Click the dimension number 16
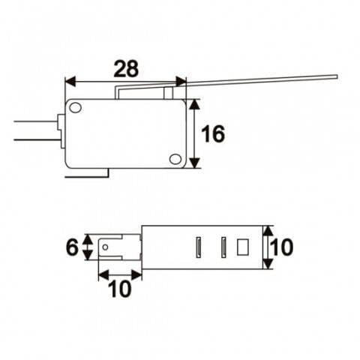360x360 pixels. [214, 134]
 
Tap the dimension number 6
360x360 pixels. [72, 247]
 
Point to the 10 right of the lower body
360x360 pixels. [280, 247]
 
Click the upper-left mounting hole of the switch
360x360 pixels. [76, 109]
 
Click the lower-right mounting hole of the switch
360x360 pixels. [175, 159]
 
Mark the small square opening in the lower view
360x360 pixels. [242, 246]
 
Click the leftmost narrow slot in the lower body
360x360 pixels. [199, 246]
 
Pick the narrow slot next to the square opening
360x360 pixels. [223, 246]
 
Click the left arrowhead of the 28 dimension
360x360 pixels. [70, 81]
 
